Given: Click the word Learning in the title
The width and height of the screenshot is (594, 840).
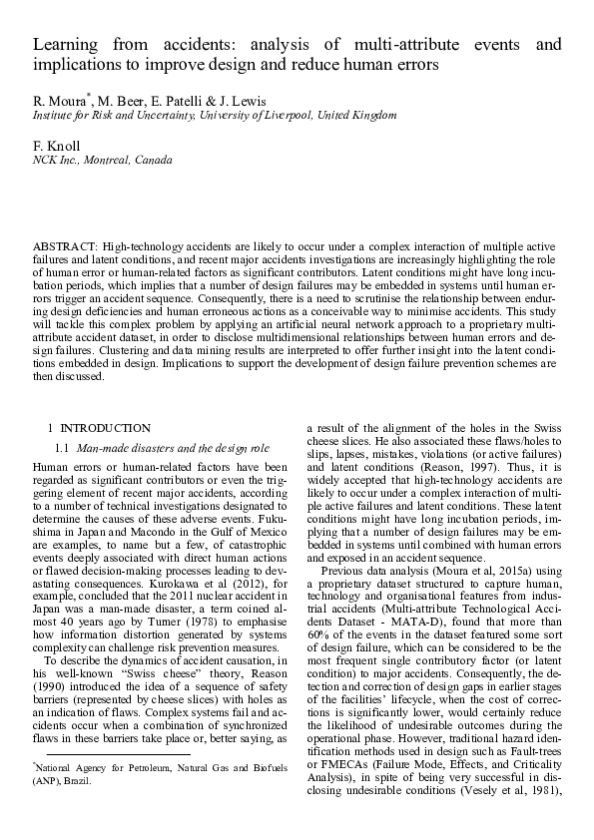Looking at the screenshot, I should tap(63, 45).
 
